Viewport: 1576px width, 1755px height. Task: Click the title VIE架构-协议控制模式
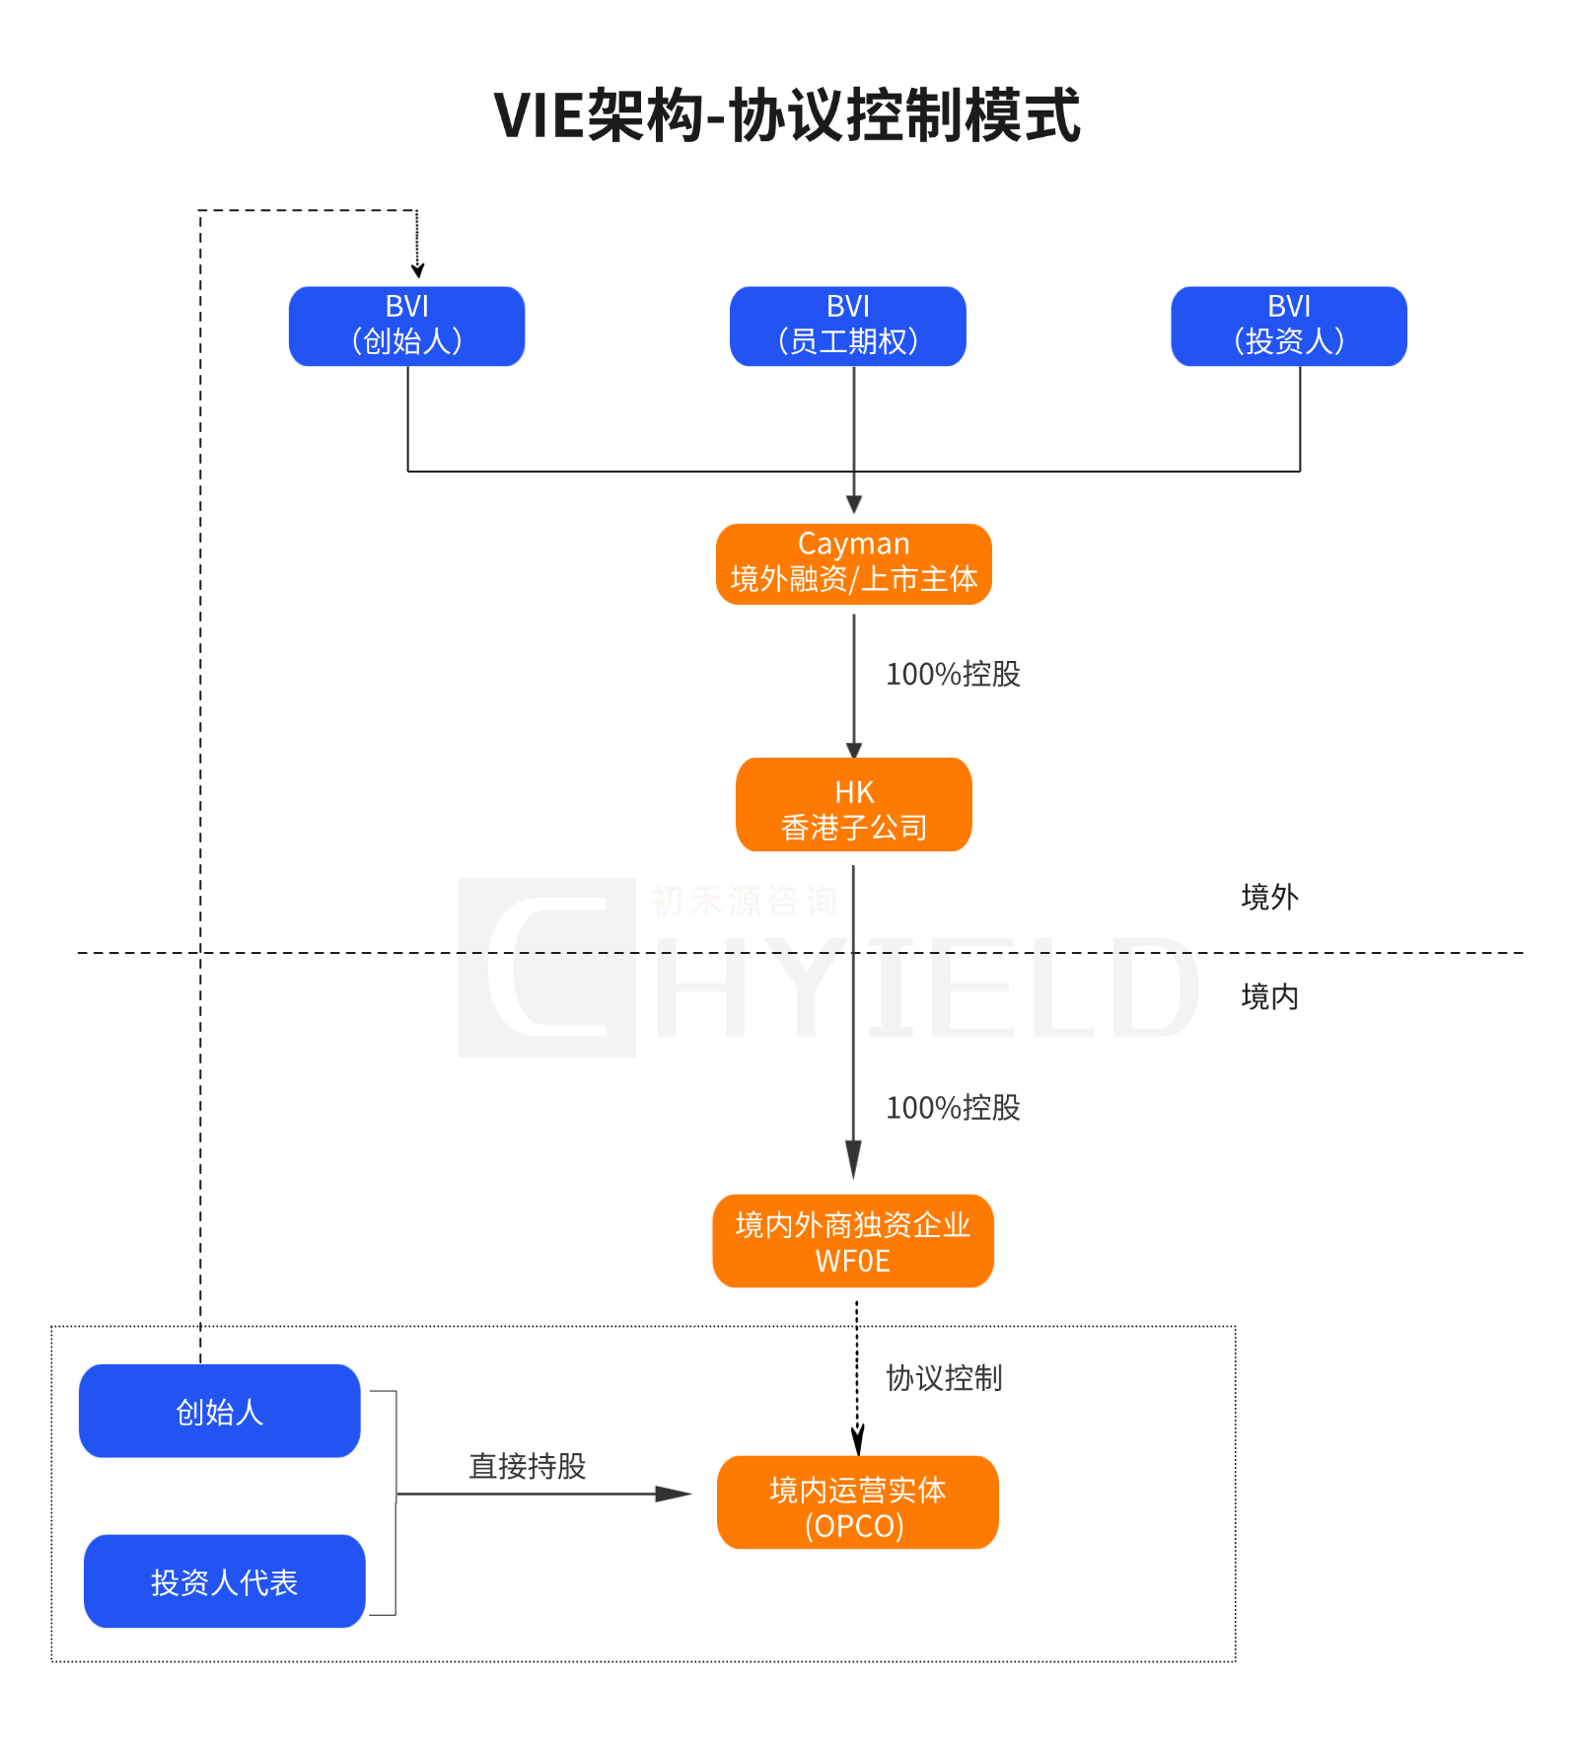787,116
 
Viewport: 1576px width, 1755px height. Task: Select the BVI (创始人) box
406,326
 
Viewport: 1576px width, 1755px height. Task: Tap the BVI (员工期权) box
847,326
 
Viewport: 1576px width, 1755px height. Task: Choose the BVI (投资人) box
1288,326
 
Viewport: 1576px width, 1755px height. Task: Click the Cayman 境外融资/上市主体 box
853,563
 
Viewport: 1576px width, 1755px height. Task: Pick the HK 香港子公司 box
853,804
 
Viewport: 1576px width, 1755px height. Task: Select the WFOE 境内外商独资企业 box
852,1241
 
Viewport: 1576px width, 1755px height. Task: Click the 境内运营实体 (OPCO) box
856,1502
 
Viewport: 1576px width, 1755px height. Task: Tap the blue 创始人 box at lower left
219,1411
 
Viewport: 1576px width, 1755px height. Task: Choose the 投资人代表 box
224,1581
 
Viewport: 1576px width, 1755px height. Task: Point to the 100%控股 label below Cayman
952,675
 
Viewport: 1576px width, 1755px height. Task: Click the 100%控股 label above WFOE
952,1108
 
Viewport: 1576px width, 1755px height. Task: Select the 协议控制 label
943,1378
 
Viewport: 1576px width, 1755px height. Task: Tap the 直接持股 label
527,1466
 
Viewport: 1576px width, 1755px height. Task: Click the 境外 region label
1269,897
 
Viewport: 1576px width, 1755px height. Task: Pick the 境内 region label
1269,996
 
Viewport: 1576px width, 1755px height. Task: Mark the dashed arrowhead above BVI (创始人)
417,269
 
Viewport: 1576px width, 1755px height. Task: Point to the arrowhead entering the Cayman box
854,504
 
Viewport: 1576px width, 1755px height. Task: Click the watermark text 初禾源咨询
744,901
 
